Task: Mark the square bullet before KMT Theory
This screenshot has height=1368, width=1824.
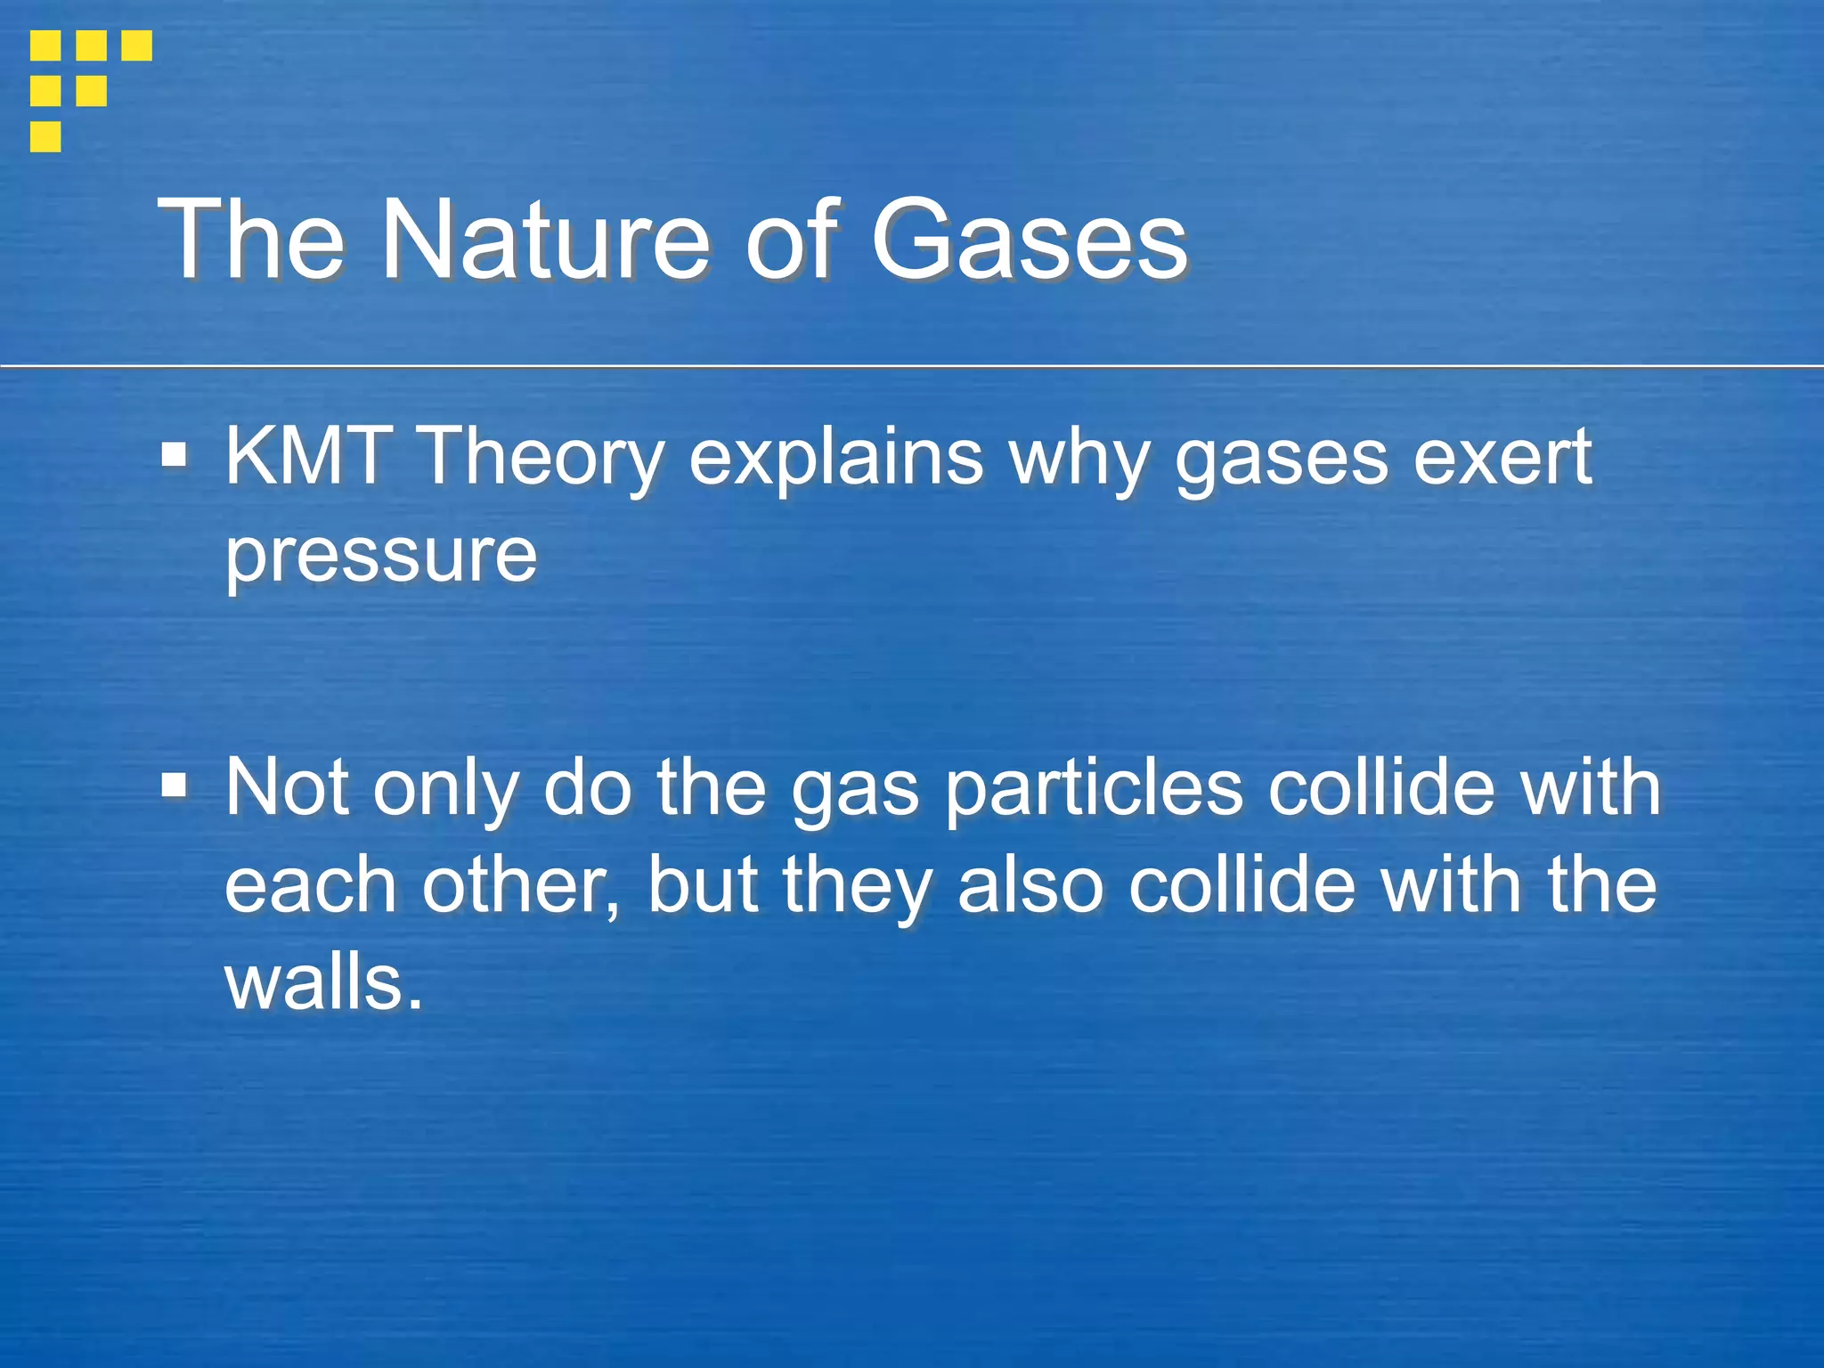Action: click(175, 456)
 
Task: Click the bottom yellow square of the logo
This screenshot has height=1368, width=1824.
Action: click(45, 136)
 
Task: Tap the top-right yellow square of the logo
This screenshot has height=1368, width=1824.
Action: click(136, 45)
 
